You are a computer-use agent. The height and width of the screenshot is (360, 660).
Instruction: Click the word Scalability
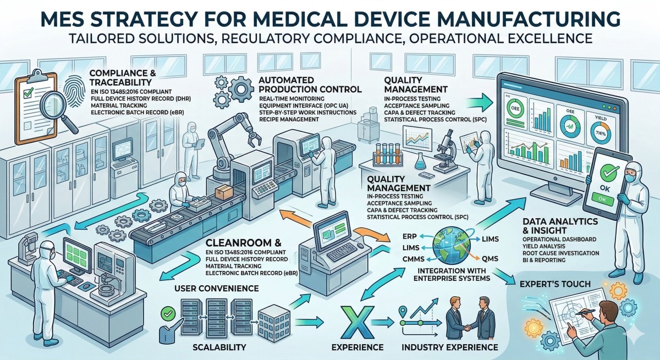(x=212, y=347)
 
